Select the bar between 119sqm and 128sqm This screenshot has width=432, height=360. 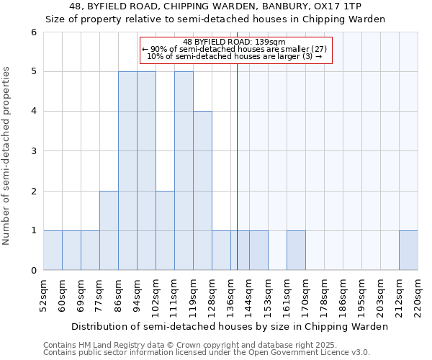[x=202, y=191]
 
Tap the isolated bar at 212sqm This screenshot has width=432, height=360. [x=408, y=251]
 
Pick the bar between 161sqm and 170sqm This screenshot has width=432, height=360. [x=296, y=251]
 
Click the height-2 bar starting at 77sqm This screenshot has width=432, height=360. [x=109, y=230]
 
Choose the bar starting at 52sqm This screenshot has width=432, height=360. [x=53, y=251]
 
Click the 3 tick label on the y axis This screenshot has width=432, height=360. [x=33, y=151]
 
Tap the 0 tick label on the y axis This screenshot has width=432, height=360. [x=33, y=271]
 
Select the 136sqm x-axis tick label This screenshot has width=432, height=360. [x=231, y=294]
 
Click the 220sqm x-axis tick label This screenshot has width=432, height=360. [x=418, y=294]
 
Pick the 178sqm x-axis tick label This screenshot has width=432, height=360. [x=325, y=294]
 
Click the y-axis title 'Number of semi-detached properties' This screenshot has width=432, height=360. [x=7, y=156]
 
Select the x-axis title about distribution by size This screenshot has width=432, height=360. [x=230, y=326]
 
